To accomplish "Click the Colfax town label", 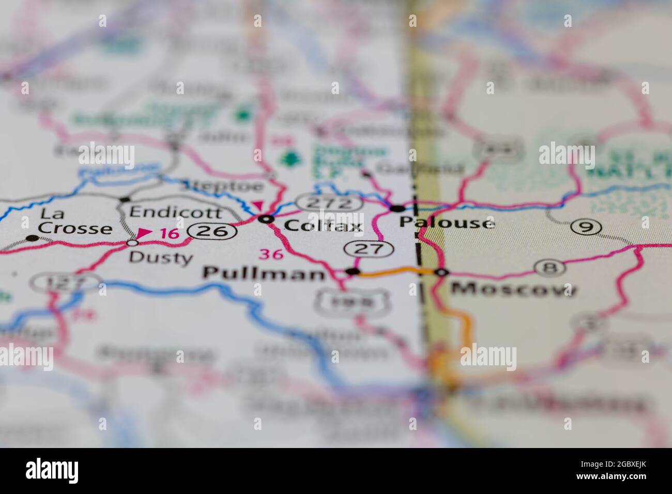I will tap(323, 225).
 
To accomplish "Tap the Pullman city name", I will tap(264, 273).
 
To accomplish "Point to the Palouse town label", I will tap(447, 223).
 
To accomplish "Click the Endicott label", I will tap(176, 212).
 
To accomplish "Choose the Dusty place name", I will tap(160, 257).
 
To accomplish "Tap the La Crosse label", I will tap(75, 221).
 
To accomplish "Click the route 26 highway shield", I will tap(212, 232).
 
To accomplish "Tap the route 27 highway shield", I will tap(370, 249).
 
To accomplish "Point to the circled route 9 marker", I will tap(586, 226).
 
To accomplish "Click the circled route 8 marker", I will tap(549, 267).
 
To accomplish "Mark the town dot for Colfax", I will tap(267, 220).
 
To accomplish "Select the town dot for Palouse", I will tap(398, 209).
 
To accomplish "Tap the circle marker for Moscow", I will tap(441, 272).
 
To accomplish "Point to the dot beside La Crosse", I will tap(33, 238).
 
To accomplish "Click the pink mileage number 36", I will tap(271, 254).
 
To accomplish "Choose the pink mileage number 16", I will tap(170, 234).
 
